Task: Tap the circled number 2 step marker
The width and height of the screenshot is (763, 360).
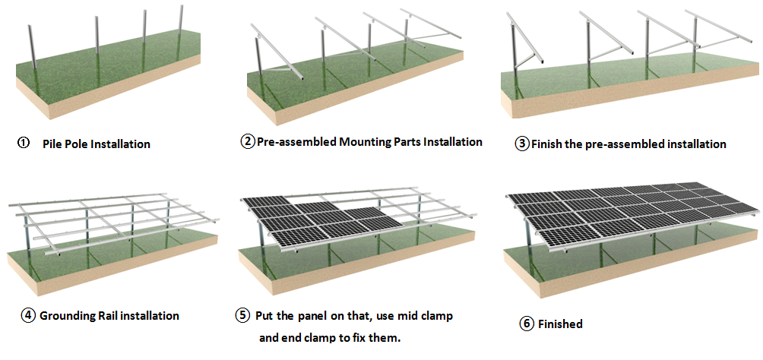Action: pos(248,142)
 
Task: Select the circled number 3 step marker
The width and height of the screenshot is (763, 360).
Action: pos(521,144)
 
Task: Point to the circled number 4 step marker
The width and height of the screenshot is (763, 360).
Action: pos(29,315)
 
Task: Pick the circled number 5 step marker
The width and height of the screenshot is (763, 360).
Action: pos(242,315)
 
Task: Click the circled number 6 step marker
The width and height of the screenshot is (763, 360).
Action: pos(527,324)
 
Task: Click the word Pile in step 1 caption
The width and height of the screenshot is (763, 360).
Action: pos(54,144)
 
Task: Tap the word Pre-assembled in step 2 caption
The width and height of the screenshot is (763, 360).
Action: pos(294,142)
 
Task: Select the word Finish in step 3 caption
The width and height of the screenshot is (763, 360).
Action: pos(548,144)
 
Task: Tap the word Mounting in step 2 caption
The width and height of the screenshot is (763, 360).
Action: pos(363,142)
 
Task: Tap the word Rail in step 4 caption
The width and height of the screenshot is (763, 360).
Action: pos(113,315)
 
